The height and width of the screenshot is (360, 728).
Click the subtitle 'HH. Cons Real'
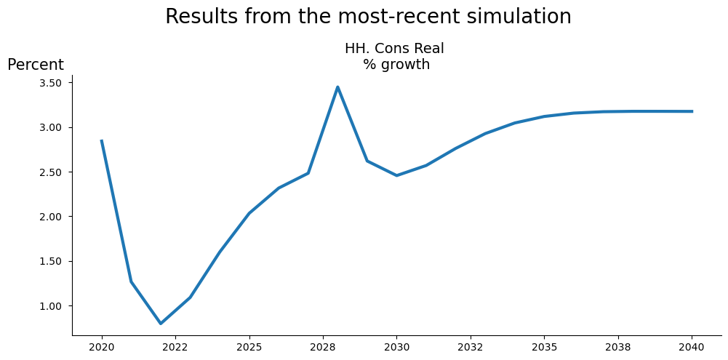pos(394,49)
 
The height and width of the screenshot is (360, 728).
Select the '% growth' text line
pos(396,65)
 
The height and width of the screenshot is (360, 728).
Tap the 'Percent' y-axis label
pos(36,65)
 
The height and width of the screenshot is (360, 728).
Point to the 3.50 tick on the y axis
pos(51,83)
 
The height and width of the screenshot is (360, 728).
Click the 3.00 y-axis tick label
pos(51,127)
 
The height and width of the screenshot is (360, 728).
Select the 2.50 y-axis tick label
pos(51,172)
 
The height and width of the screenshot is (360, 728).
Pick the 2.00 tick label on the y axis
pos(51,217)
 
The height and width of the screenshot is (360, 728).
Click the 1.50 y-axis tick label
pos(51,261)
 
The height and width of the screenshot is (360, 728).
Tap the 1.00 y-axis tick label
pos(51,306)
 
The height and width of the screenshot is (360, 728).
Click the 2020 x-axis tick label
pos(102,347)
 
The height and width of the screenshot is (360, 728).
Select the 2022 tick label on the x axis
pos(175,347)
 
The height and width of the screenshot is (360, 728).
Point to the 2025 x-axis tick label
pos(249,347)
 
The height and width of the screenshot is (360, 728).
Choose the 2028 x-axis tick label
pos(323,347)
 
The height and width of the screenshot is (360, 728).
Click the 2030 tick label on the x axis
pos(396,347)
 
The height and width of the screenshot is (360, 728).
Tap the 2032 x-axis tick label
pos(471,347)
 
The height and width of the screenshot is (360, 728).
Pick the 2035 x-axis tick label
pos(544,347)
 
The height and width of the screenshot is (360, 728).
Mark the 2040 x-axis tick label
pos(692,347)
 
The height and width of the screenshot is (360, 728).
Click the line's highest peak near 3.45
pos(337,87)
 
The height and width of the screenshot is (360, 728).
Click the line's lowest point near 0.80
pos(161,323)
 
